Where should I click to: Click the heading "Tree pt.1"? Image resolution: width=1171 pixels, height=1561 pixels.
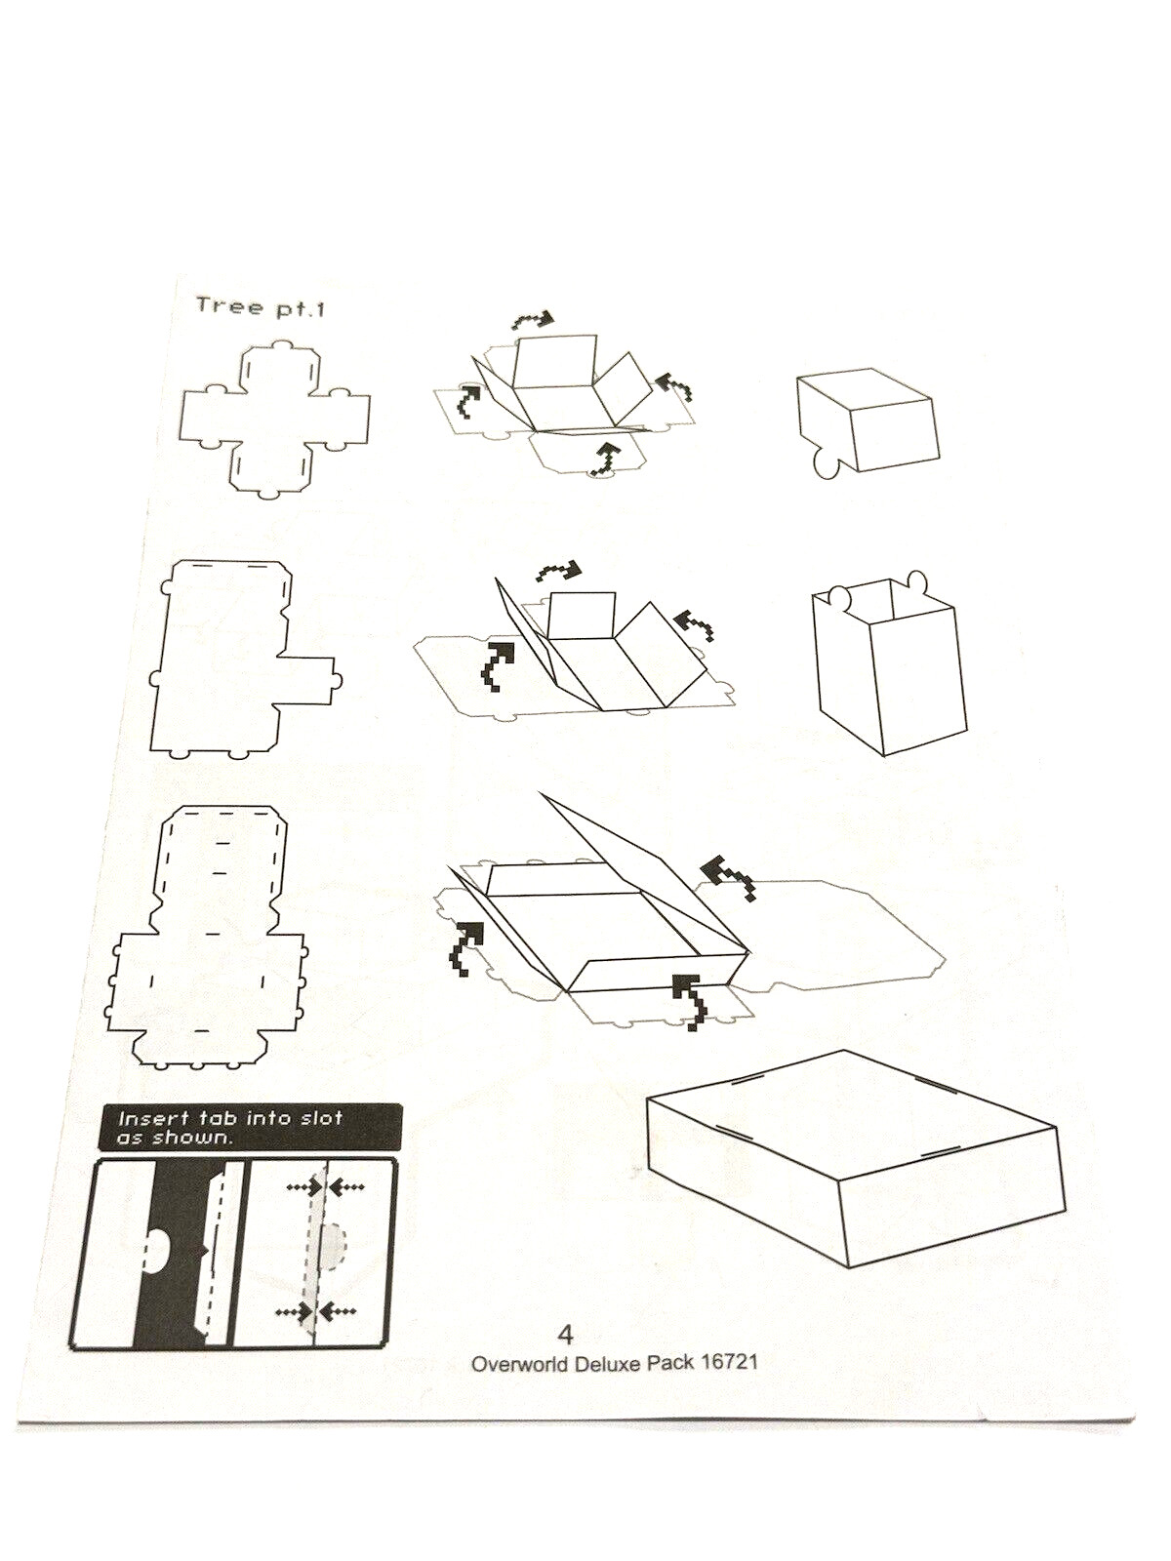click(260, 307)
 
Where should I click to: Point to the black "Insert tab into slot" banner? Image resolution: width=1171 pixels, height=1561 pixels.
click(249, 1127)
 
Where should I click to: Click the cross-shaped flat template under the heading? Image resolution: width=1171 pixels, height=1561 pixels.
click(276, 419)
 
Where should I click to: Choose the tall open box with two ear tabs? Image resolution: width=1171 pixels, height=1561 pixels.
click(890, 665)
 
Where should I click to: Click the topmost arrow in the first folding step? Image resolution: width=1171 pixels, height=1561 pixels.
click(532, 320)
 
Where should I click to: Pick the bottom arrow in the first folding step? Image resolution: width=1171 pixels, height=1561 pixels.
click(607, 458)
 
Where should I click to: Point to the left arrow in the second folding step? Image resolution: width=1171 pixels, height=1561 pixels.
click(497, 663)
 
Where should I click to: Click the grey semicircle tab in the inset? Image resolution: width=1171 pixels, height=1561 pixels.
click(335, 1246)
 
